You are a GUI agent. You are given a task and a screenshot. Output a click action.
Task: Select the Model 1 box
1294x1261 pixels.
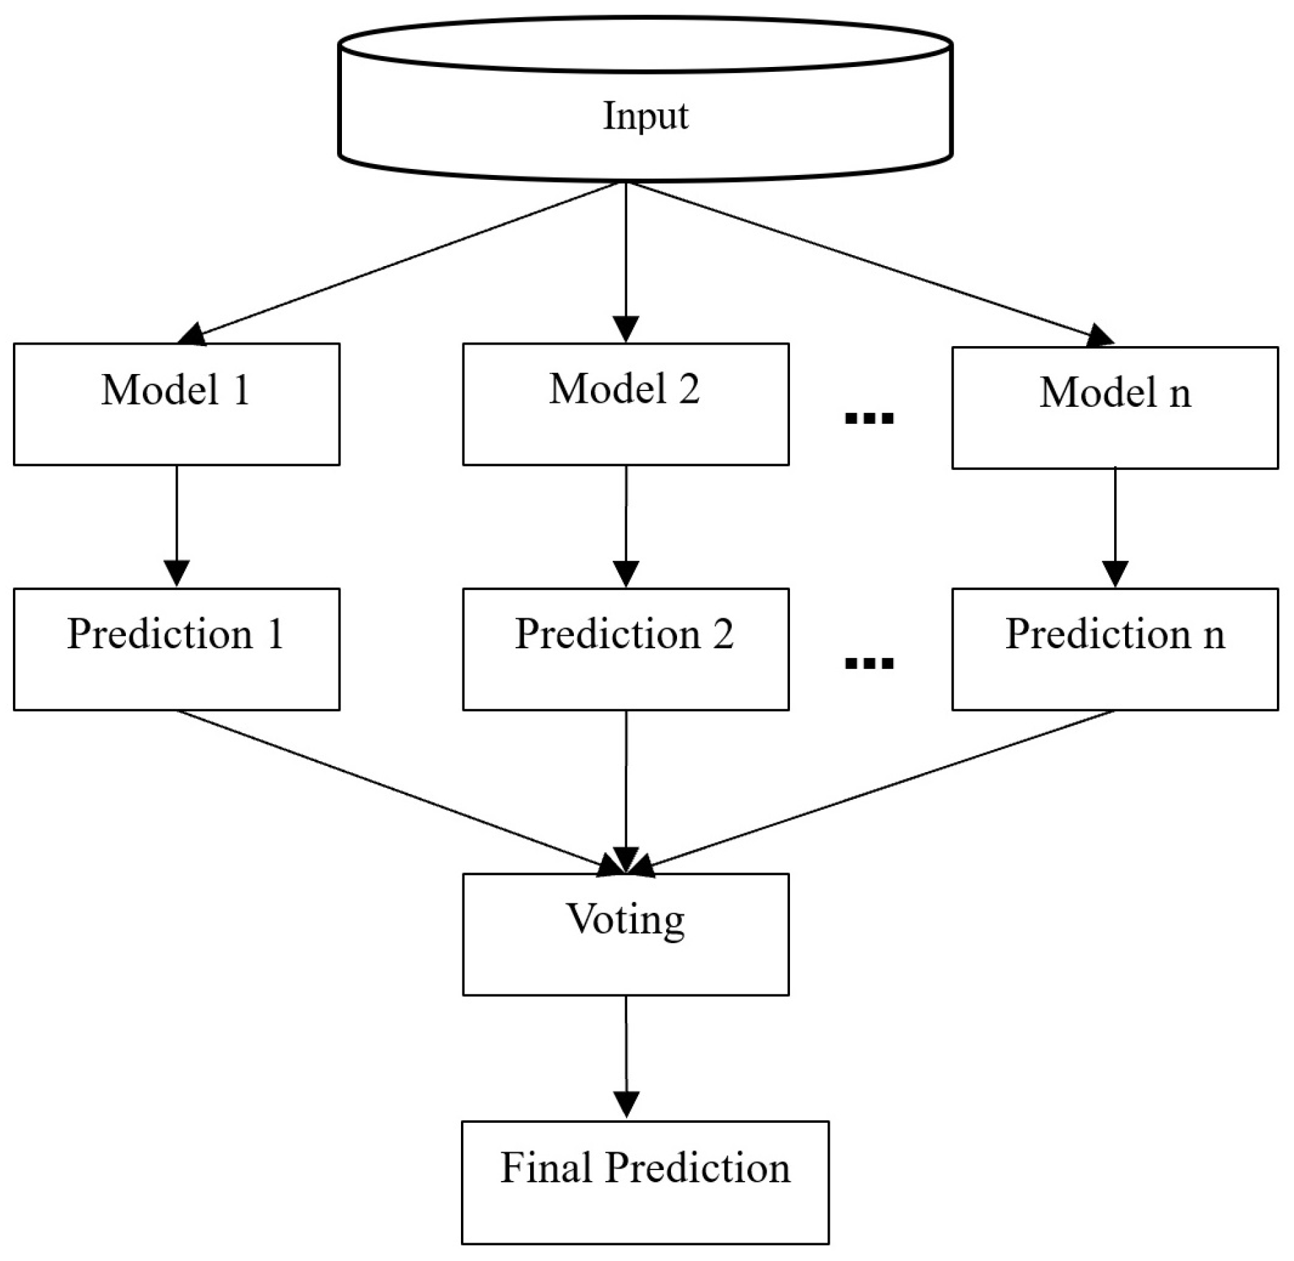pos(176,404)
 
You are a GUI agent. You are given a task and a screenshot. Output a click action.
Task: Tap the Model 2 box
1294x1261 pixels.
pos(625,404)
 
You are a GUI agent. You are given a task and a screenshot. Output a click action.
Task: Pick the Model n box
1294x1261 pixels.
pos(1114,408)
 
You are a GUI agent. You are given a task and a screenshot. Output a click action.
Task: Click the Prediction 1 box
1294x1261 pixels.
pos(176,649)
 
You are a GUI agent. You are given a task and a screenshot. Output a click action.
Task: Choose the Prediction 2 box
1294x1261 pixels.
pos(625,649)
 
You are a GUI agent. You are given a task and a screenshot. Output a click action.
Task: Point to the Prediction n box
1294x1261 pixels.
pos(1114,649)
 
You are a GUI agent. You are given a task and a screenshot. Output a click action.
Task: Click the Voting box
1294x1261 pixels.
pos(625,934)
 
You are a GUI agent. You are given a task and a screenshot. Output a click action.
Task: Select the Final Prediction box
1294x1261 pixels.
pos(644,1182)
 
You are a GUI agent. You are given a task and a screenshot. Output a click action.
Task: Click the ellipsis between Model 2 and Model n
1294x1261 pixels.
pos(869,417)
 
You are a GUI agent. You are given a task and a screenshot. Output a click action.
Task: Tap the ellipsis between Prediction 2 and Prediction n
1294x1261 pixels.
pos(869,662)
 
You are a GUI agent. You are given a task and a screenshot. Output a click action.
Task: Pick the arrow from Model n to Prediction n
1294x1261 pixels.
pos(1115,527)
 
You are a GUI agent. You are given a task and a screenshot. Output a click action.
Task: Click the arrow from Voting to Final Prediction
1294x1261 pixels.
pos(626,1057)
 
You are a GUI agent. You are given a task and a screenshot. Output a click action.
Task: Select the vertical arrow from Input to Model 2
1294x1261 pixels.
pos(626,260)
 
